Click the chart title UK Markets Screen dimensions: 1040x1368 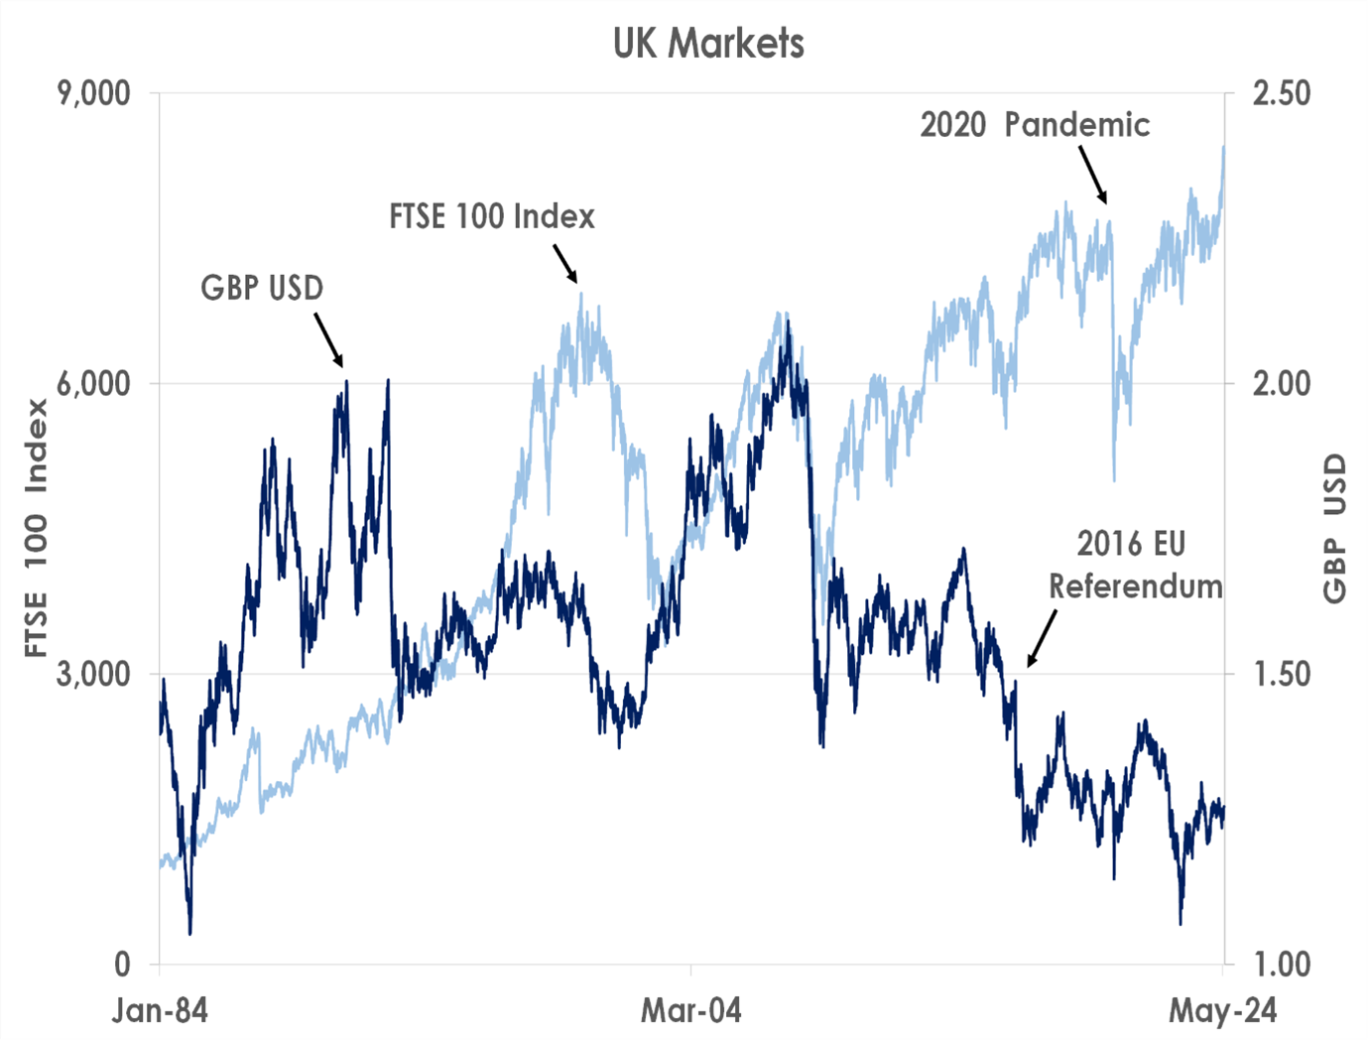[x=708, y=44]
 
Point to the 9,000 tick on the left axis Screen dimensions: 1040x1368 [x=93, y=93]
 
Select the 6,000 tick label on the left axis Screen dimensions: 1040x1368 [x=93, y=384]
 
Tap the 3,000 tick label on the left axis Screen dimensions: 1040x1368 [x=93, y=674]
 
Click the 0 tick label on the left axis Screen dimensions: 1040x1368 [x=122, y=964]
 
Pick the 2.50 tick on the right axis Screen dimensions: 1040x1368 [x=1281, y=93]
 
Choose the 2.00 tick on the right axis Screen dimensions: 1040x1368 [x=1281, y=384]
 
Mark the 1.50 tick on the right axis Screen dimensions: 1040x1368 [x=1281, y=674]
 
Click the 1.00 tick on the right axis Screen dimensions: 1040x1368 [x=1281, y=964]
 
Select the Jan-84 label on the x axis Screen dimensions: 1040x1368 [x=160, y=1011]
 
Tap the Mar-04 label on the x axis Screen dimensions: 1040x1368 [x=690, y=1011]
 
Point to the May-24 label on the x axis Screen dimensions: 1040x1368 [x=1222, y=1011]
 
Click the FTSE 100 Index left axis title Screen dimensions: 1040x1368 [x=37, y=528]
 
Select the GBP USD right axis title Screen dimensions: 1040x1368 [x=1335, y=528]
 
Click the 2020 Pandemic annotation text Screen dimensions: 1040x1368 [x=1035, y=125]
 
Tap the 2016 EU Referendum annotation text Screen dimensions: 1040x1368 [x=1134, y=565]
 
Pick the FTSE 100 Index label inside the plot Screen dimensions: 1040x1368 [x=491, y=216]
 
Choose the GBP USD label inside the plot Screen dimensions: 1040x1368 [x=262, y=288]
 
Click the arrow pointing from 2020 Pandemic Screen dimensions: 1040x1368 [x=1092, y=176]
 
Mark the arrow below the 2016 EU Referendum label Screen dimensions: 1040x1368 [x=1042, y=638]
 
